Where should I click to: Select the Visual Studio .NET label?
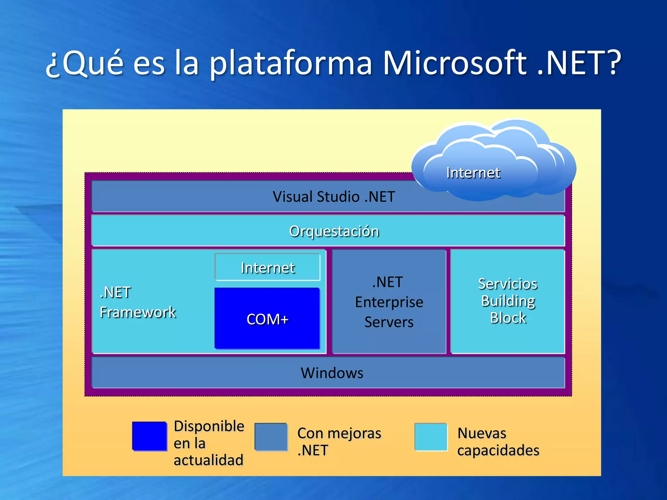[x=334, y=197]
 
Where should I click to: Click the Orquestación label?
[x=334, y=231]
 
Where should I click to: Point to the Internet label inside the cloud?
[x=473, y=173]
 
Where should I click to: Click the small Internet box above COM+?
[x=267, y=268]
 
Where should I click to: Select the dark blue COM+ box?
[x=267, y=318]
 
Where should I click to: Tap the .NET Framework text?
[x=137, y=302]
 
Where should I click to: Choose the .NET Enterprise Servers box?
[x=389, y=302]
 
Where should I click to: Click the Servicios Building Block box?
[x=507, y=301]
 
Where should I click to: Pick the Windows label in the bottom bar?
[x=332, y=373]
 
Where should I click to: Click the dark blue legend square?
[x=149, y=436]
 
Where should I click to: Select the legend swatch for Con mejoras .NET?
[x=271, y=437]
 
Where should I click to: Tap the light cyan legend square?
[x=431, y=437]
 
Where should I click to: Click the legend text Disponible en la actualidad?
[x=208, y=443]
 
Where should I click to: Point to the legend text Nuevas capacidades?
[x=498, y=442]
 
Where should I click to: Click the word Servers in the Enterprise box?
[x=389, y=322]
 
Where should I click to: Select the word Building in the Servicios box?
[x=508, y=301]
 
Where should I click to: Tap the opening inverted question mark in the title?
[x=53, y=67]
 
